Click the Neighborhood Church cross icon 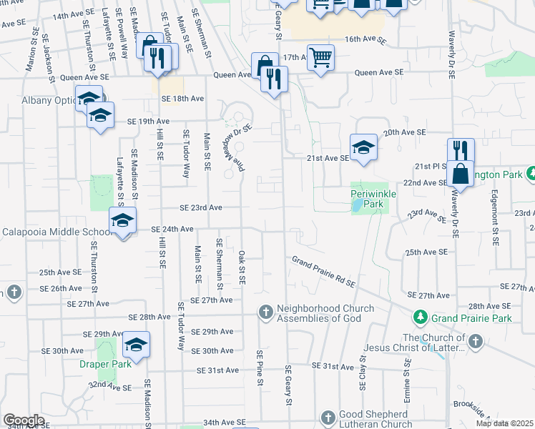coord(265,312)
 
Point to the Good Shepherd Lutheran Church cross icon coord(328,418)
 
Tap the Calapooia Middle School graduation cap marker coord(122,220)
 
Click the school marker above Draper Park coord(134,345)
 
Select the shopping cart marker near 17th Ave coord(321,57)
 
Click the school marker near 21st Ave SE coord(363,147)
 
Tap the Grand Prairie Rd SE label coord(323,272)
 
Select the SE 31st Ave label coord(218,370)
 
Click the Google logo coord(24,420)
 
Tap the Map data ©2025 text coord(505,423)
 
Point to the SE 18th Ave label coord(183,99)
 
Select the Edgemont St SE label coord(494,218)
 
